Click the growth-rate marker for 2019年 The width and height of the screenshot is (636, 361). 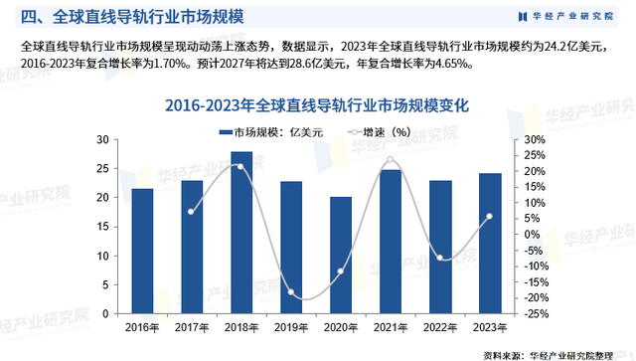point(291,292)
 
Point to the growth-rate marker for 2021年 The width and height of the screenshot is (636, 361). point(391,159)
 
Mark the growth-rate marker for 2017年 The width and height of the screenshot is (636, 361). point(192,212)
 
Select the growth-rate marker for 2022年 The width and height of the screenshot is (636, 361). point(441,259)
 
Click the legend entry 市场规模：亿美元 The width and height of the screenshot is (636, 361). point(265,131)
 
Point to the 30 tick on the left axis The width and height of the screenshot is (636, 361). point(111,140)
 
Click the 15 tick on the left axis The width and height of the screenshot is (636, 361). point(111,227)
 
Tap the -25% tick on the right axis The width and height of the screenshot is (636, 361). point(532,314)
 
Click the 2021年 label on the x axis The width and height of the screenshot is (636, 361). point(391,327)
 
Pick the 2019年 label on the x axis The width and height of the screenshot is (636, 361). point(291,327)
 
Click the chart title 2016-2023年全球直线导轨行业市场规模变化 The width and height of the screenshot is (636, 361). point(317,104)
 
